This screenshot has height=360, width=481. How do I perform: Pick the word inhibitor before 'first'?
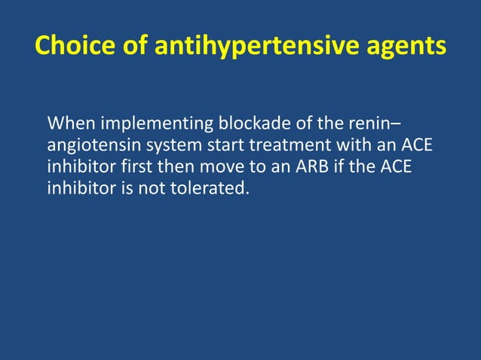pos(78,166)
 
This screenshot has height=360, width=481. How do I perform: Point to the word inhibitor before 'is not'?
pos(78,188)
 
